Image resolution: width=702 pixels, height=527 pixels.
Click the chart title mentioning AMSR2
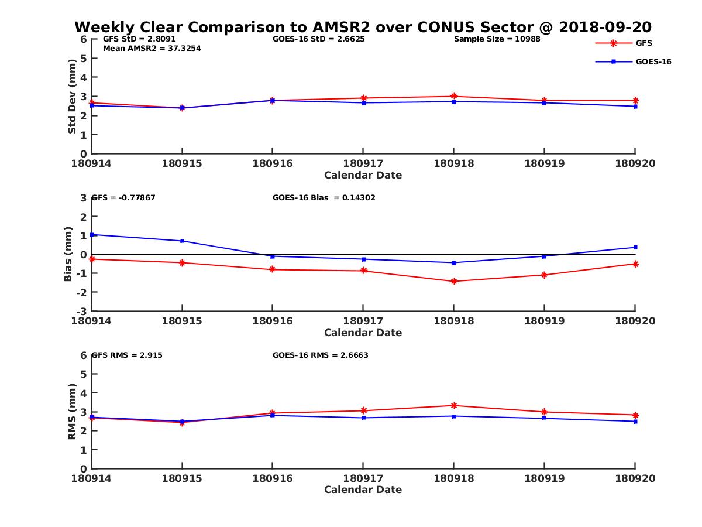[363, 27]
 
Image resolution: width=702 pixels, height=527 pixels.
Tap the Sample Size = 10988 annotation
[497, 39]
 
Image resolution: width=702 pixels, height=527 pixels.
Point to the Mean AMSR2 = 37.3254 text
[152, 48]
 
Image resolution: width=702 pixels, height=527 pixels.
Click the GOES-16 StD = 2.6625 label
[319, 39]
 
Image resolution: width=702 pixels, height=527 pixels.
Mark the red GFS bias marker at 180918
[454, 282]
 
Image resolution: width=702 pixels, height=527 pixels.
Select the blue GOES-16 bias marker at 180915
[182, 241]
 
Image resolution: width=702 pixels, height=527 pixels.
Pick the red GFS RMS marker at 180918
[454, 405]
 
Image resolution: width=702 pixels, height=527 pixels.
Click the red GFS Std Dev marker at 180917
[363, 98]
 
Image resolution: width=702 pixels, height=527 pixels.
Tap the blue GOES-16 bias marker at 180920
[635, 247]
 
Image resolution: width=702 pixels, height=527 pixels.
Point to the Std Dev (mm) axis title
[72, 97]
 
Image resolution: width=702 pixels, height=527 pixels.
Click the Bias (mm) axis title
[68, 254]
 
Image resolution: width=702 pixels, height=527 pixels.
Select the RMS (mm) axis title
[72, 412]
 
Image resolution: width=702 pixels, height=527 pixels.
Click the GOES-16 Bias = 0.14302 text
[324, 197]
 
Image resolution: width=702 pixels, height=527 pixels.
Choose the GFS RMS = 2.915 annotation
[130, 355]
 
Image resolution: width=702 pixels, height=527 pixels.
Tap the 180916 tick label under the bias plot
[272, 321]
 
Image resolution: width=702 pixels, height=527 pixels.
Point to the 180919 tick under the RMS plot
[544, 478]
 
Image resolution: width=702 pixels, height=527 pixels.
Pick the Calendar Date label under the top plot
[363, 175]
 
